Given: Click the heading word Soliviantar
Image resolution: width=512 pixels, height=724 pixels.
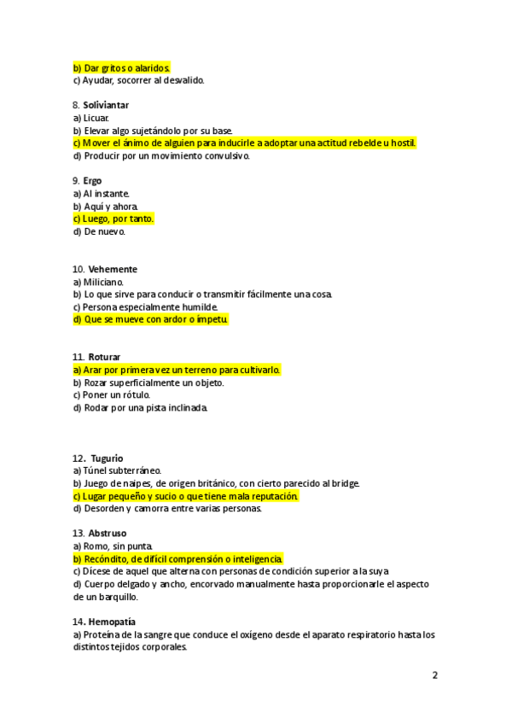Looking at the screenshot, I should point(106,105).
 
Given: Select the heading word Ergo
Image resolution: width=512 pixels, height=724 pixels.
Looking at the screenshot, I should point(92,181).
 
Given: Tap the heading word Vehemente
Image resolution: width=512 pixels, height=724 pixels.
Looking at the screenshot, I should point(113,269).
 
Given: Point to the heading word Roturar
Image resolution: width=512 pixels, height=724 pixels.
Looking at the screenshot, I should point(104,357).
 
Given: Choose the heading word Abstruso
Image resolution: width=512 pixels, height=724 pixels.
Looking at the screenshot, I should point(108,534).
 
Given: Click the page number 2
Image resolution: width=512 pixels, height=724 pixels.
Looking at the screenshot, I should point(434,675).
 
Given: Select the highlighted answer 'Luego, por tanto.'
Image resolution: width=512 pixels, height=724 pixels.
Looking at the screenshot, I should point(113,219).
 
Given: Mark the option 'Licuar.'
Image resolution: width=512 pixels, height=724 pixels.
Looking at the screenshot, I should point(91,118).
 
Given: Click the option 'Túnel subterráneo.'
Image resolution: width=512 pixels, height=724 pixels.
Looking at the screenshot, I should point(117,470).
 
